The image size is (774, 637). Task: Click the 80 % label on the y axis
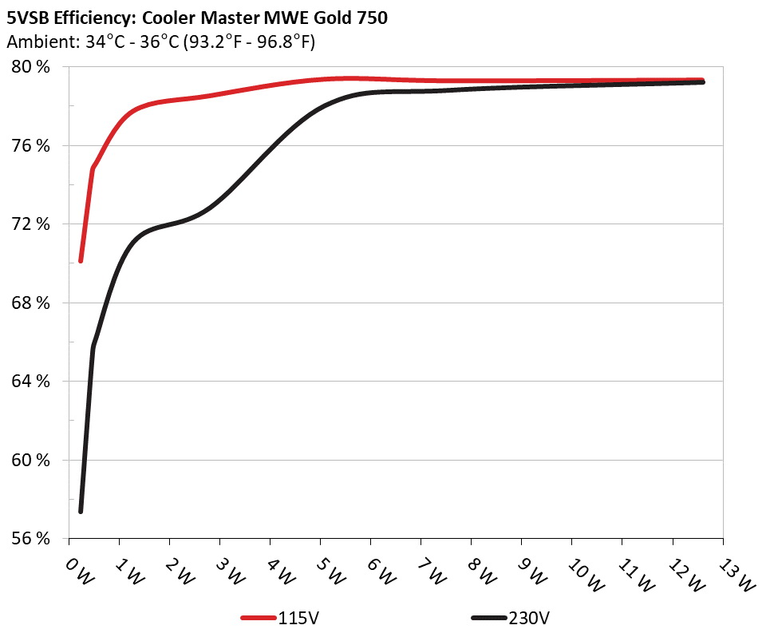click(x=32, y=67)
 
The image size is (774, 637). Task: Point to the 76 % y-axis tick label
click(x=32, y=145)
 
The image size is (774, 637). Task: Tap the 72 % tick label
click(x=32, y=224)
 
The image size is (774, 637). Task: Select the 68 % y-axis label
click(x=32, y=303)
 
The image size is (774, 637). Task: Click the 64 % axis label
click(x=32, y=382)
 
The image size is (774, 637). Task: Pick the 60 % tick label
click(x=32, y=460)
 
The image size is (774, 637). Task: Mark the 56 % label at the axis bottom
click(x=32, y=539)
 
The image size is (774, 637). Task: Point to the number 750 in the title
click(x=370, y=18)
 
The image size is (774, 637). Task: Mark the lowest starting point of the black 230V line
click(x=81, y=511)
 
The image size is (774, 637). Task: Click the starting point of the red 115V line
click(x=81, y=260)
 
